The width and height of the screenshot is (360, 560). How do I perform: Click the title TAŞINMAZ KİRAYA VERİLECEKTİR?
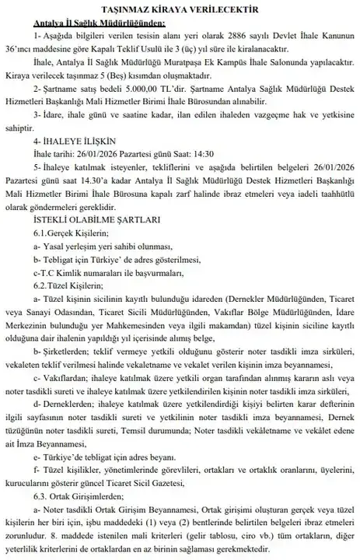pos(180,9)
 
